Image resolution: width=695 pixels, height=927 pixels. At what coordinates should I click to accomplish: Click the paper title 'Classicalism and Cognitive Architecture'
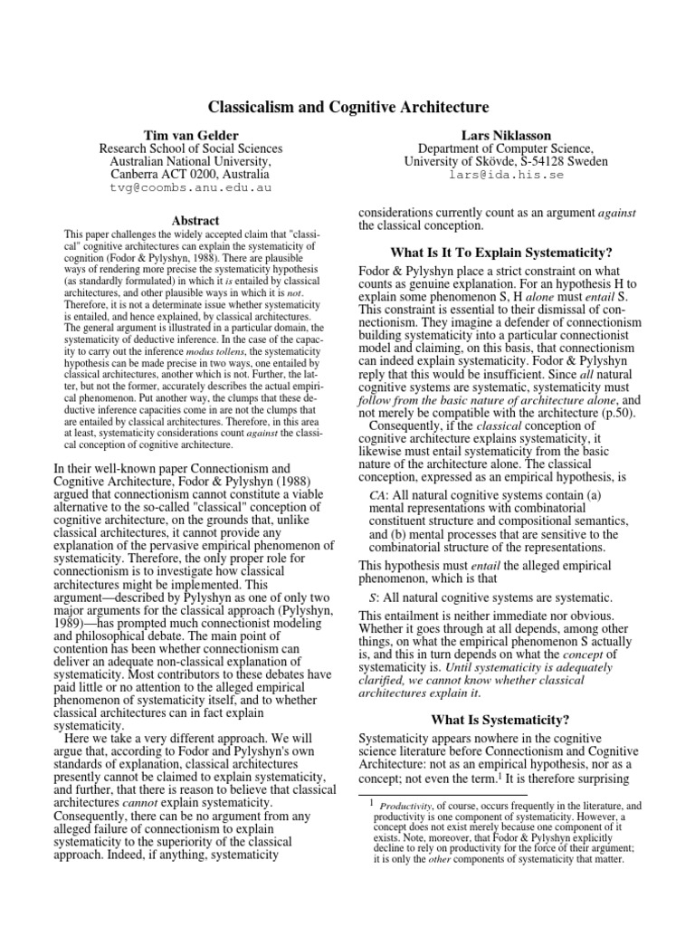[x=347, y=108]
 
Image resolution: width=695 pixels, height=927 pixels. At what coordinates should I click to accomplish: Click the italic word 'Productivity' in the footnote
[x=407, y=805]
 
